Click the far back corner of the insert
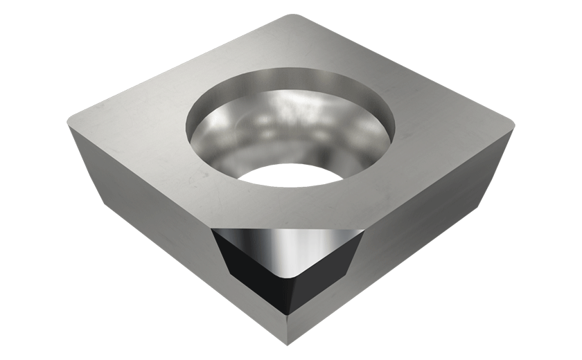(294, 15)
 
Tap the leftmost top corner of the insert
(70, 122)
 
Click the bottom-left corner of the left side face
(105, 204)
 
